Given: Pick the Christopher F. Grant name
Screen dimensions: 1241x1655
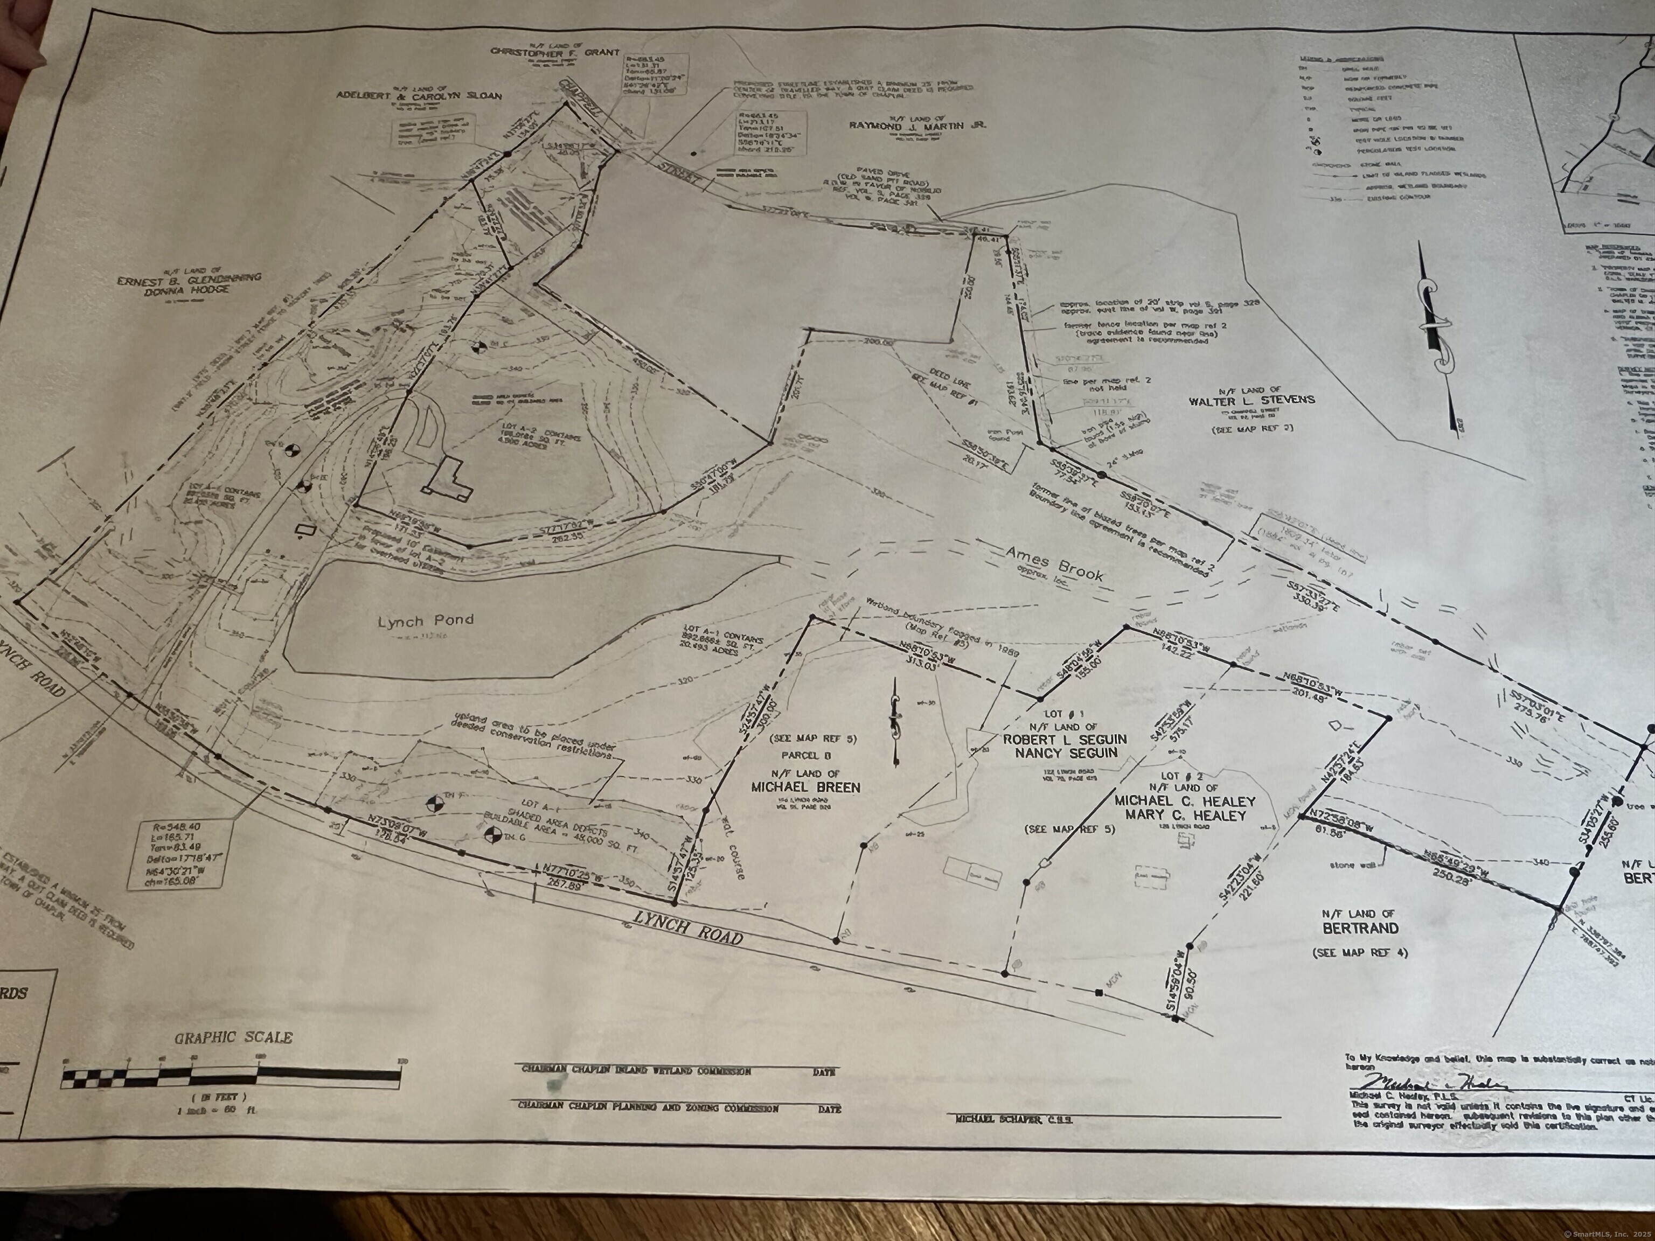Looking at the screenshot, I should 555,52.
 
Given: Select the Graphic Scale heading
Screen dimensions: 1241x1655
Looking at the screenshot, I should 233,1037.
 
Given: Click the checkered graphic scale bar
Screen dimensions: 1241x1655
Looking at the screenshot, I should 232,1077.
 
